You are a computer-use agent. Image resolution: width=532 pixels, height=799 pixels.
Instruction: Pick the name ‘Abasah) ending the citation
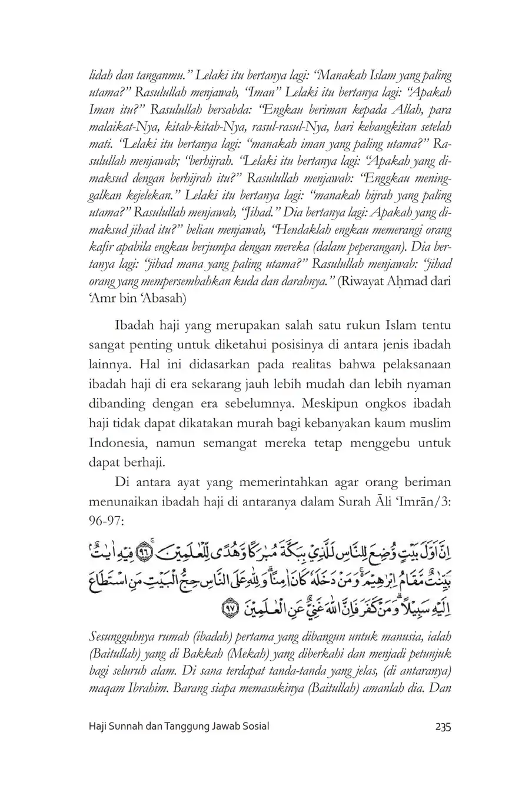coord(162,299)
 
